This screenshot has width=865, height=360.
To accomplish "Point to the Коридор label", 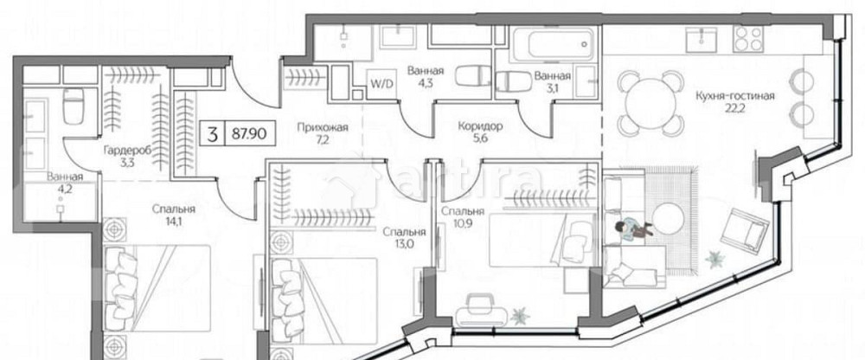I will [x=480, y=126].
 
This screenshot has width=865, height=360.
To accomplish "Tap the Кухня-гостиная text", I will [x=734, y=96].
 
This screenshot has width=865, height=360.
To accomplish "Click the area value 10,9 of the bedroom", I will [x=458, y=225].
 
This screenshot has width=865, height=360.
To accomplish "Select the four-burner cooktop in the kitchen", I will [x=748, y=39].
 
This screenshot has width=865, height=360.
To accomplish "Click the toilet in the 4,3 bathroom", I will [x=472, y=78].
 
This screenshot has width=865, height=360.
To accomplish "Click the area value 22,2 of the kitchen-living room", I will [x=735, y=110].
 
